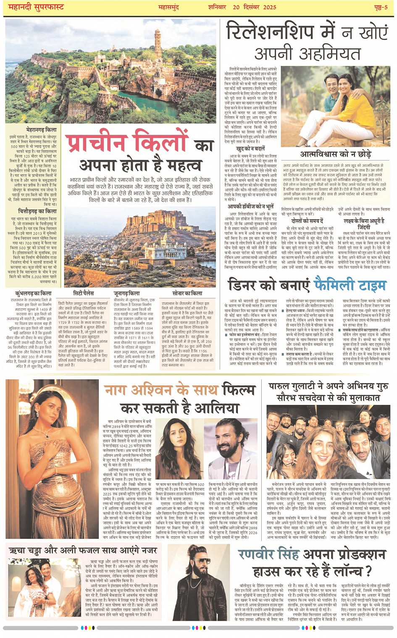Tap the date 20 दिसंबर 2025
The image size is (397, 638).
pyautogui.click(x=254, y=7)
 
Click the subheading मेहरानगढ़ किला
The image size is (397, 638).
pyautogui.click(x=41, y=130)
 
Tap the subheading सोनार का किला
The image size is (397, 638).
pyautogui.click(x=187, y=293)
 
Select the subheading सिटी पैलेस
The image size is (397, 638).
pyautogui.click(x=83, y=293)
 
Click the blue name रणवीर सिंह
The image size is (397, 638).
pyautogui.click(x=268, y=554)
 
